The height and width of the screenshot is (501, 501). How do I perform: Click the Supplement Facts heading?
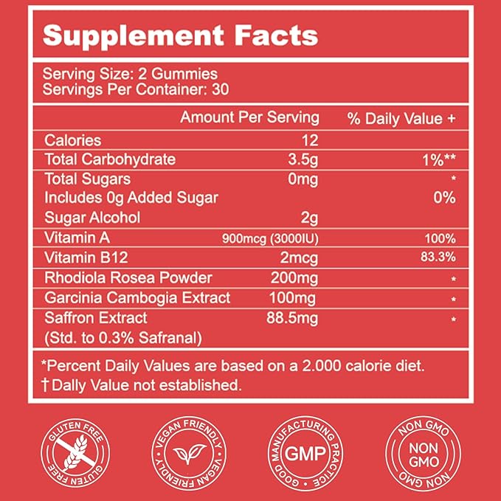[180, 35]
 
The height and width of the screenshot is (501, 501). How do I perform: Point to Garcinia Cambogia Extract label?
[137, 298]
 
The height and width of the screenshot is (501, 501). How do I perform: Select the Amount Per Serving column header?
[250, 117]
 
